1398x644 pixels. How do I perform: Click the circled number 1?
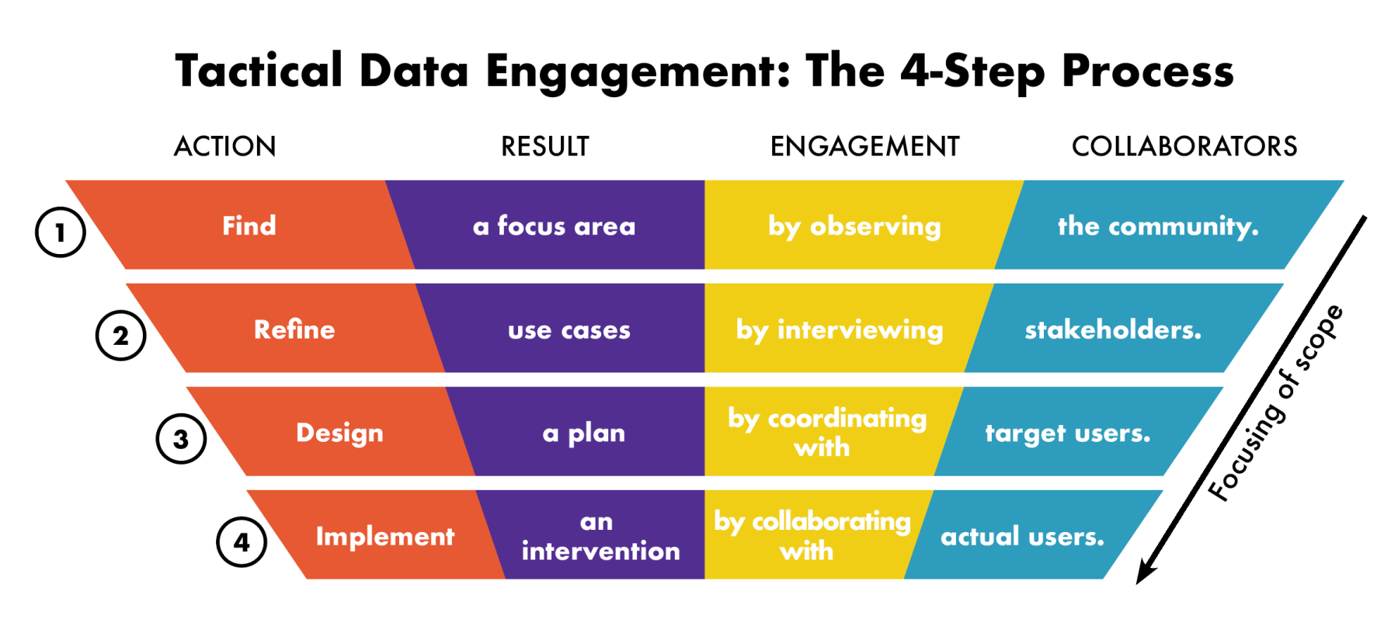61,232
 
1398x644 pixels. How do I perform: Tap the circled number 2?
120,336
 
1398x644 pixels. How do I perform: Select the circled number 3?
181,439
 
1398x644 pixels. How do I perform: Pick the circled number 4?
242,542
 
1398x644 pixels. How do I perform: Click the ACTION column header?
225,146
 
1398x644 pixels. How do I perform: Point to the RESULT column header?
545,146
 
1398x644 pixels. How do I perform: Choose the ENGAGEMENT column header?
865,146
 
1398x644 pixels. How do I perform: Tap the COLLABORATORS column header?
1184,146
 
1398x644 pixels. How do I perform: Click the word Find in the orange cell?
249,225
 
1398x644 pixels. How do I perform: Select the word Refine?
294,329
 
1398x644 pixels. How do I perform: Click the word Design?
339,433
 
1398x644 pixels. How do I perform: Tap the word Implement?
385,537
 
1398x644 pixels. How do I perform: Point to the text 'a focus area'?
555,226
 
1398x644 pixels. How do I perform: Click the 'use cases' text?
569,330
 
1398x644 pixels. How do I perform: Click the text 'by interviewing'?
840,330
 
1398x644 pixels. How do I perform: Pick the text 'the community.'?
1158,226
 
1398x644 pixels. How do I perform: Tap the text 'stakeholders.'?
1113,329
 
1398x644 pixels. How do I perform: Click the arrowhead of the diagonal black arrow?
1144,573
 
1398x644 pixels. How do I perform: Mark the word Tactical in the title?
259,71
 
